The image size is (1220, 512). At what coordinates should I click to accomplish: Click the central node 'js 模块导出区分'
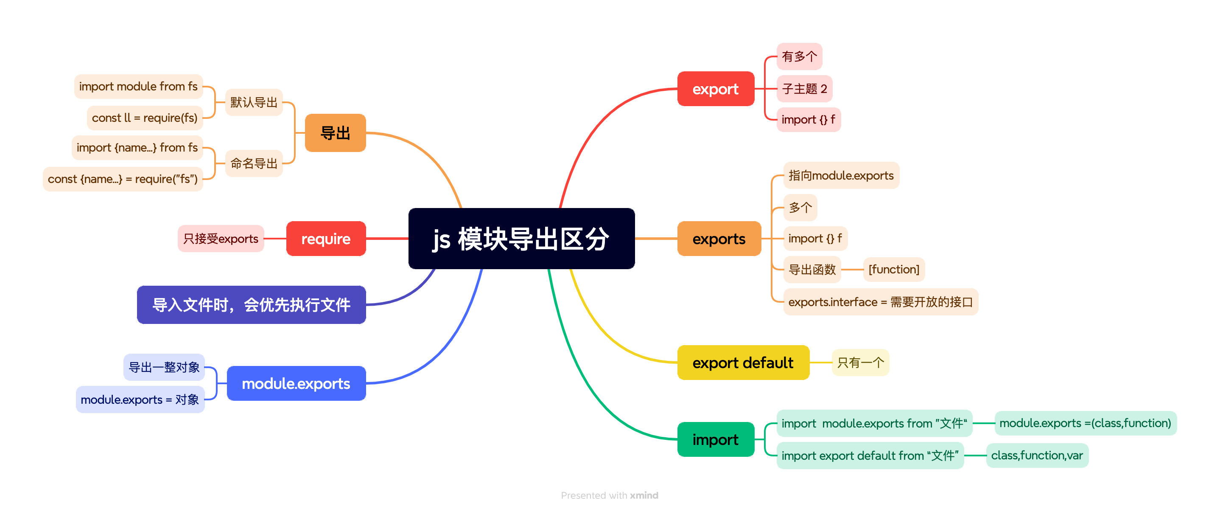click(521, 239)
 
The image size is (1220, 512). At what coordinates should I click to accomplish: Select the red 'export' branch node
click(715, 89)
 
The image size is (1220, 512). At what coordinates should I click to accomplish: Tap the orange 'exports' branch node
click(719, 239)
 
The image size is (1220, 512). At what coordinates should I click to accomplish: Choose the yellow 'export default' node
click(743, 363)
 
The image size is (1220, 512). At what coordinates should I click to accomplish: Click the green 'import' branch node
click(715, 439)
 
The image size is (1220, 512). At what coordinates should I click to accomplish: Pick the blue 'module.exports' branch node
click(296, 383)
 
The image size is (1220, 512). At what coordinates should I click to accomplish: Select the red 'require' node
click(326, 239)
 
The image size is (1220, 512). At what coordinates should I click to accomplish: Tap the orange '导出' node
click(335, 133)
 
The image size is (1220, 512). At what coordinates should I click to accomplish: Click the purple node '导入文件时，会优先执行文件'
click(251, 305)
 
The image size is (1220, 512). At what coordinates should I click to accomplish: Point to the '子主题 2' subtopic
click(804, 89)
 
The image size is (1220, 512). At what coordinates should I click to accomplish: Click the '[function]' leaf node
click(894, 269)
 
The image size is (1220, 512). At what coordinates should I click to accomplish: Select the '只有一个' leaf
click(860, 363)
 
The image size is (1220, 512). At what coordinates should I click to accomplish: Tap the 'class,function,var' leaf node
click(1037, 456)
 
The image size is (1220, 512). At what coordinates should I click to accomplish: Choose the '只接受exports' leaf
click(221, 239)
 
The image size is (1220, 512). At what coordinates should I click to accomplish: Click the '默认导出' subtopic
click(254, 102)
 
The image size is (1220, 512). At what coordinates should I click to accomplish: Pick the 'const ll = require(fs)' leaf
click(145, 118)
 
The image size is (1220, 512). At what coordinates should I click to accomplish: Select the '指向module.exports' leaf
click(841, 175)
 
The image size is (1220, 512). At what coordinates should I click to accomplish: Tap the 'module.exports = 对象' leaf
click(140, 399)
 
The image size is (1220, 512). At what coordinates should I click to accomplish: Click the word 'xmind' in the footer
click(644, 495)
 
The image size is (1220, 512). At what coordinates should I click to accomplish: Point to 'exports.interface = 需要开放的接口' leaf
click(880, 302)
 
